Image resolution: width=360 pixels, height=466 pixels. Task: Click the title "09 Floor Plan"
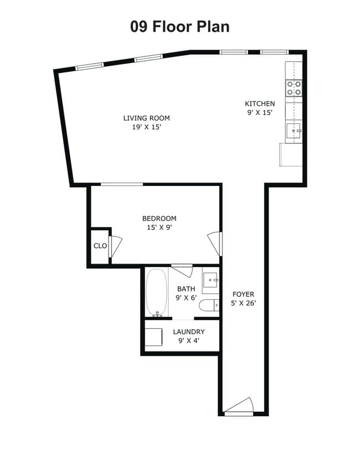[179, 27]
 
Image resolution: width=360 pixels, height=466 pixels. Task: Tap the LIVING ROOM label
[146, 118]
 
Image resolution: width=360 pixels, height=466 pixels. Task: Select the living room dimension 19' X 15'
[147, 127]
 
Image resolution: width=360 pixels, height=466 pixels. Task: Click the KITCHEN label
[260, 103]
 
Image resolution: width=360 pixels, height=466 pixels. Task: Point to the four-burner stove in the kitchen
[294, 88]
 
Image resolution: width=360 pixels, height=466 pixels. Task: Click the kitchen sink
[294, 131]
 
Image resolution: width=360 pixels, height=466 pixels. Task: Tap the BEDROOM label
[159, 219]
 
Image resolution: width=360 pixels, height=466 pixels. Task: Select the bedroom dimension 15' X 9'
[160, 227]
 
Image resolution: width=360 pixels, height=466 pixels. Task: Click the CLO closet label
[100, 246]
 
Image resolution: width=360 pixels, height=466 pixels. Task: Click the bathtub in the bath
[156, 292]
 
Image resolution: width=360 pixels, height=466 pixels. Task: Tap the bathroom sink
[210, 280]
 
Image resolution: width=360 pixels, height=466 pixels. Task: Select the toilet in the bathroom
[209, 305]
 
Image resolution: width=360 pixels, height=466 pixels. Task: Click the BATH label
[186, 289]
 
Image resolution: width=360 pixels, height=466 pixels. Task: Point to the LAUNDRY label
[189, 332]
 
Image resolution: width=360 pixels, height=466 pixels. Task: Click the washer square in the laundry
[153, 337]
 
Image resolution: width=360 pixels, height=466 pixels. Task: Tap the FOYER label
[243, 294]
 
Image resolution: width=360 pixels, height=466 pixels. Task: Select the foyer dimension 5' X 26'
[244, 303]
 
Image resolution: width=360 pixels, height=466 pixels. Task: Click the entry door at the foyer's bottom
[239, 407]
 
